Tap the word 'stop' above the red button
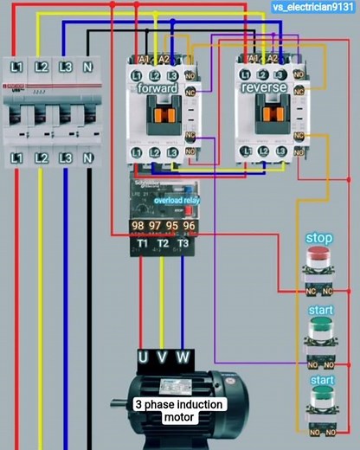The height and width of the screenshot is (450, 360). point(319,238)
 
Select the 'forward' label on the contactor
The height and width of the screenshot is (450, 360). point(157,88)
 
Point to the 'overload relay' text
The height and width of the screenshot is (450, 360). point(176,201)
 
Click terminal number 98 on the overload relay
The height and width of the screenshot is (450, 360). point(138,227)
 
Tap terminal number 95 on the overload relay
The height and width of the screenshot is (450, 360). point(172,227)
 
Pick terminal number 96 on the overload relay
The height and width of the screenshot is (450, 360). point(189,227)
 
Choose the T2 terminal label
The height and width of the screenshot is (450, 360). point(162,245)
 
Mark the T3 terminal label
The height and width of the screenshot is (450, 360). point(183,245)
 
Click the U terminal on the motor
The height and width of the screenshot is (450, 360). point(144,357)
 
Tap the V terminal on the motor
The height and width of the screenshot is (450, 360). point(163,357)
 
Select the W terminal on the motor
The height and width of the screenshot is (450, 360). point(183,357)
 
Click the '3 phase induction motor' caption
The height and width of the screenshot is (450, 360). point(179,410)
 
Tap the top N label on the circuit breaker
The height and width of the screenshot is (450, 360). point(87,67)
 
